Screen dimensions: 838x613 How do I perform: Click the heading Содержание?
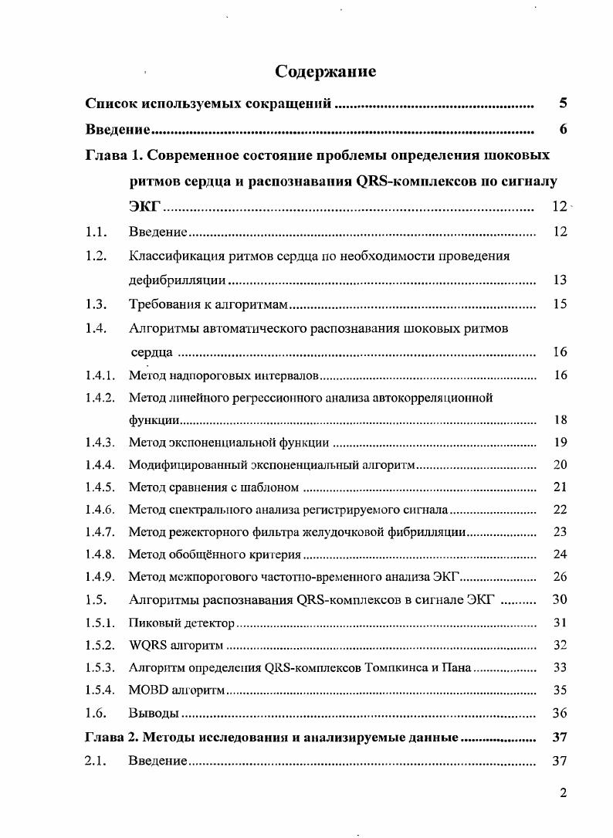[326, 72]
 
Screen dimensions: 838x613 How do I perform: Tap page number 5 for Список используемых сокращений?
[563, 103]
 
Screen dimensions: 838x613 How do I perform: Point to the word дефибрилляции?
[178, 280]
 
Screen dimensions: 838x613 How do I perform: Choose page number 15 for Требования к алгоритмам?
[561, 304]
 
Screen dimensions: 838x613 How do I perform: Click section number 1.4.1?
[100, 375]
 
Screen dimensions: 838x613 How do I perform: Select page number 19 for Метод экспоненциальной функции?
[561, 443]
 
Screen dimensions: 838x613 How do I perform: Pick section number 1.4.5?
[100, 487]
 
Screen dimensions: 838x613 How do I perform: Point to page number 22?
[561, 510]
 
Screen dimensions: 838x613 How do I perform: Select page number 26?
[561, 577]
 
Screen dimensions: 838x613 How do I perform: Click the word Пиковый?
[151, 623]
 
